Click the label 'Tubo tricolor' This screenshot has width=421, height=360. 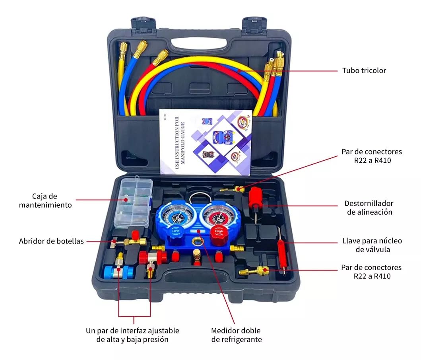click(364, 71)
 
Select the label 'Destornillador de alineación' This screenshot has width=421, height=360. click(369, 208)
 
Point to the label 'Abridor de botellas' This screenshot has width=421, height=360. click(52, 241)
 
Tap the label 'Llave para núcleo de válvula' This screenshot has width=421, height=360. click(372, 245)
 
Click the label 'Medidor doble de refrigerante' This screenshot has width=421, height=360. click(236, 335)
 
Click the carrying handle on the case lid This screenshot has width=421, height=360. click(198, 43)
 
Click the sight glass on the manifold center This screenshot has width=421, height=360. click(197, 241)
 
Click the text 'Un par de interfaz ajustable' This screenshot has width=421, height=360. click(132, 331)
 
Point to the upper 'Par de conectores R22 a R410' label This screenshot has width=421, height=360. click(371, 156)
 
